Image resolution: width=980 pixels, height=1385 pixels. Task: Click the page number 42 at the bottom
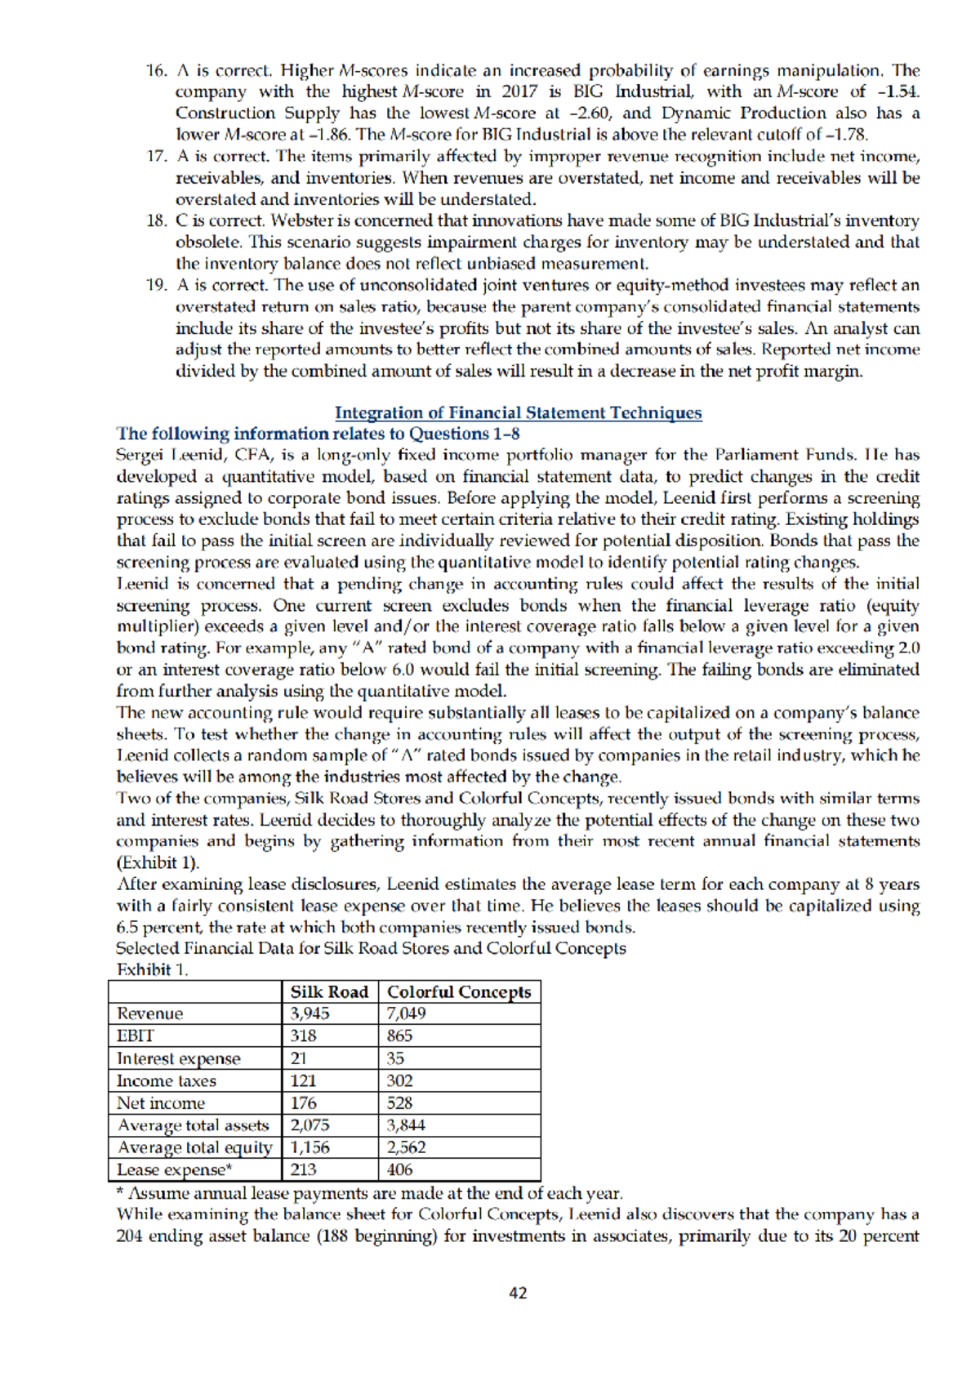click(518, 1293)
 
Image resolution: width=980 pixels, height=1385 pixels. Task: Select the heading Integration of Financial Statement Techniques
click(518, 412)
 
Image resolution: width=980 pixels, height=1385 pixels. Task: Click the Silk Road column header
click(329, 991)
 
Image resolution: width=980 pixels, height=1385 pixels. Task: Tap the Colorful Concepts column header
click(458, 991)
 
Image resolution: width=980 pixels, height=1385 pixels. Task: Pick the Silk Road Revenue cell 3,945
click(310, 1013)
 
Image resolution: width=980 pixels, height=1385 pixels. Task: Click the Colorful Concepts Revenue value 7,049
click(406, 1013)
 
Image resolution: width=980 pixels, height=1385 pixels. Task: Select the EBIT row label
click(135, 1035)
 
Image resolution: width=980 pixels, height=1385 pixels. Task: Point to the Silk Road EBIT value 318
click(304, 1035)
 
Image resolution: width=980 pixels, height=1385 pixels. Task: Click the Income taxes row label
click(166, 1080)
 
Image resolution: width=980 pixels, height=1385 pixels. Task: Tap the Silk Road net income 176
click(304, 1102)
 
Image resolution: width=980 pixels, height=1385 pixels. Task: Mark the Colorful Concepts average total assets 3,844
click(406, 1124)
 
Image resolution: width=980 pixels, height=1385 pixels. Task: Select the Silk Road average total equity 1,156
click(310, 1147)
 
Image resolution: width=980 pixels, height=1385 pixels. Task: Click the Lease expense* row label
click(174, 1169)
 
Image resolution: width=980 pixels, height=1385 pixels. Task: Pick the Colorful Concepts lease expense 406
click(399, 1169)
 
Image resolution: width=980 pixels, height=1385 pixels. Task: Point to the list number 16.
click(156, 70)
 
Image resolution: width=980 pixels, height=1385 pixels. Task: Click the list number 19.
click(156, 285)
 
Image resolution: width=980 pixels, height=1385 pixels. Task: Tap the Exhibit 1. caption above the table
click(152, 969)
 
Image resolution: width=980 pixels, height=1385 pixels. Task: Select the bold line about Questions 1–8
click(318, 434)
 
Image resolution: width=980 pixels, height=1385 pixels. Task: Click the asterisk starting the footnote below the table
click(120, 1192)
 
